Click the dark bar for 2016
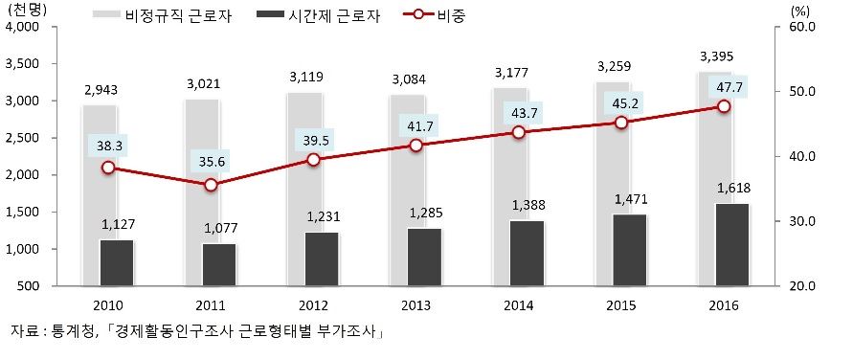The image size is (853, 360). (x=732, y=244)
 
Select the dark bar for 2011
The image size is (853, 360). (x=218, y=264)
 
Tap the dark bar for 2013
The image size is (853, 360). (x=424, y=257)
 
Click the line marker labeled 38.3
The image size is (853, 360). (x=108, y=168)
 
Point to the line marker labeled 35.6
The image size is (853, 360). (x=211, y=185)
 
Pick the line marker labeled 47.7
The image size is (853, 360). (x=724, y=106)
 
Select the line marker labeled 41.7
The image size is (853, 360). (x=415, y=145)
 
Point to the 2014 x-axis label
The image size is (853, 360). (x=518, y=304)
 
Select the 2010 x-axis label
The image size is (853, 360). (x=107, y=304)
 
